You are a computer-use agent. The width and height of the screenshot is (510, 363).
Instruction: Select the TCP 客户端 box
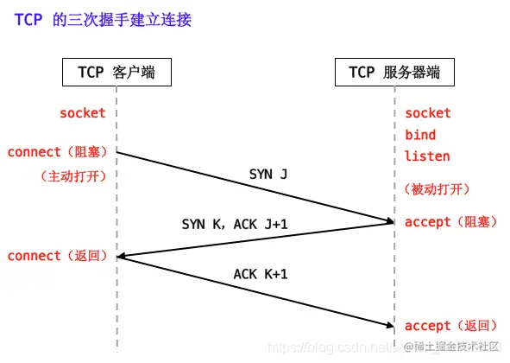click(x=116, y=73)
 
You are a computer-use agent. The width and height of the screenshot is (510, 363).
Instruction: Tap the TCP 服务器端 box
click(x=394, y=73)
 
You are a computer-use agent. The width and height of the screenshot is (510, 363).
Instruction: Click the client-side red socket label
click(x=83, y=113)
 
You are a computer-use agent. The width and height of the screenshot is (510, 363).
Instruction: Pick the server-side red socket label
click(x=428, y=113)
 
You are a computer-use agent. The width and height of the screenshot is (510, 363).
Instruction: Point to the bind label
click(x=420, y=135)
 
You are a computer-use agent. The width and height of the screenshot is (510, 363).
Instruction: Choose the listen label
click(x=427, y=156)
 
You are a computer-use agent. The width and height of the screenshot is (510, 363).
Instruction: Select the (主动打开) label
click(x=73, y=175)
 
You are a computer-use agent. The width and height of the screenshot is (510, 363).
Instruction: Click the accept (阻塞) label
click(x=450, y=222)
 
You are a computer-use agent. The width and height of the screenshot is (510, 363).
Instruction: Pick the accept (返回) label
click(x=450, y=326)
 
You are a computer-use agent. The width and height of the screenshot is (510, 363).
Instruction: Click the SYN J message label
click(x=268, y=175)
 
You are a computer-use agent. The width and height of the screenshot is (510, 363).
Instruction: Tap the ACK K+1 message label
click(x=261, y=275)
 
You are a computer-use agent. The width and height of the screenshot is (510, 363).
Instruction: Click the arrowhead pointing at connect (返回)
click(x=123, y=256)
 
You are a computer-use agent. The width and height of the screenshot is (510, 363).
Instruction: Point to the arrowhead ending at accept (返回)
click(x=388, y=325)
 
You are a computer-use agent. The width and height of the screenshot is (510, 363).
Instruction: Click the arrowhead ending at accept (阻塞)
click(x=388, y=222)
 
